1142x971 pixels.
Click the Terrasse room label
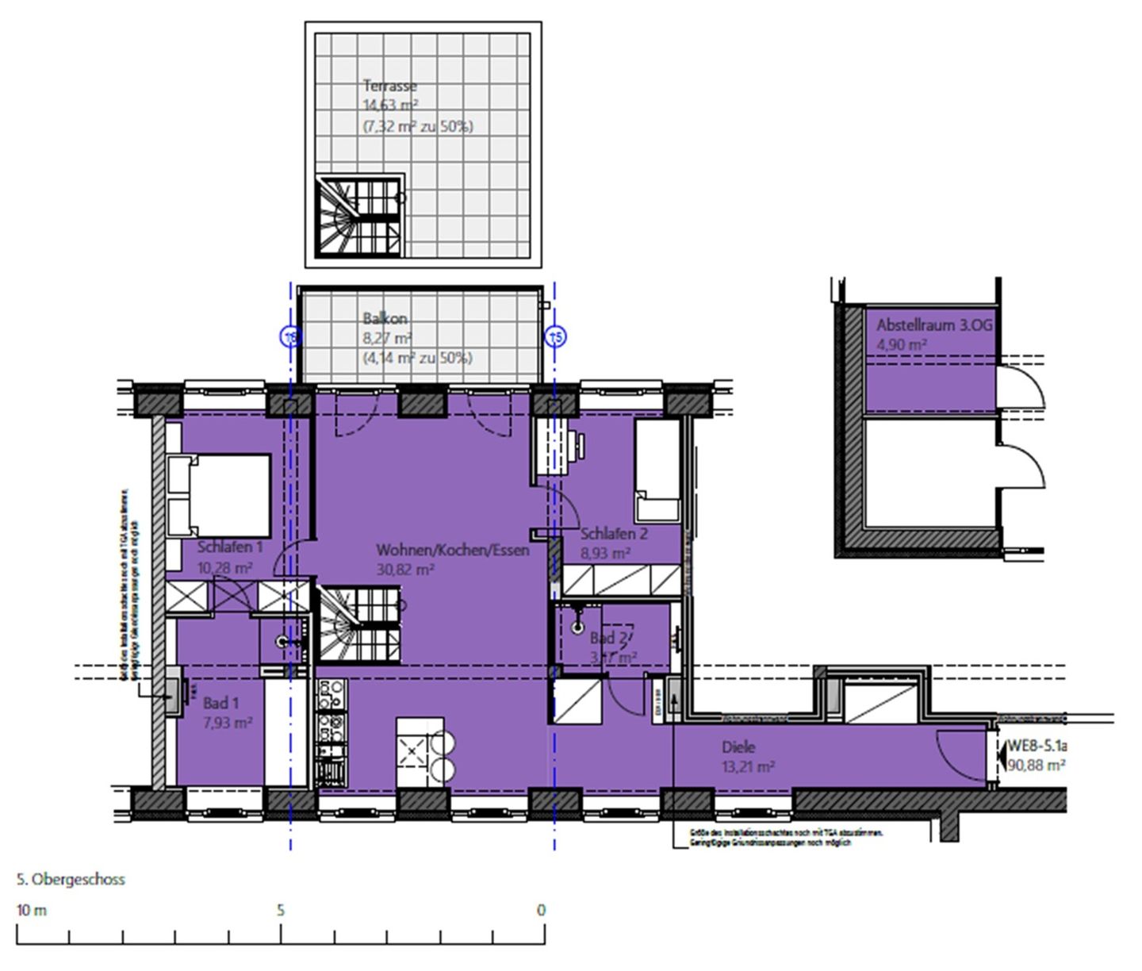click(x=389, y=86)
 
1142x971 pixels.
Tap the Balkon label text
click(x=385, y=319)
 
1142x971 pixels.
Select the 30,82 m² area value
click(x=404, y=570)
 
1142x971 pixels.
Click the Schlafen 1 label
click(x=230, y=547)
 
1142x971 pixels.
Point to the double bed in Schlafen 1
click(x=219, y=495)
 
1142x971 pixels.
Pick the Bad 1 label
click(x=220, y=703)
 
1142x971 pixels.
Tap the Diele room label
click(x=738, y=747)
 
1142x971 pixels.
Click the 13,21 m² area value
click(x=748, y=767)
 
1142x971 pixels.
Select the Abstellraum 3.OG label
click(x=934, y=325)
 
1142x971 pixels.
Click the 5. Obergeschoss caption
click(x=71, y=880)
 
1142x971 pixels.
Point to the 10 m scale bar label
click(x=32, y=910)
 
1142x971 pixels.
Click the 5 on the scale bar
click(x=281, y=910)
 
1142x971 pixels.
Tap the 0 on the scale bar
click(x=541, y=910)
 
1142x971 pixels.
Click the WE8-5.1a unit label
click(x=1037, y=746)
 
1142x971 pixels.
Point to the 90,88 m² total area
click(x=1036, y=766)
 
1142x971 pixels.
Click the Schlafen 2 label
click(x=614, y=534)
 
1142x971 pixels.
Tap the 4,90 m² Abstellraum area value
click(x=902, y=345)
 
